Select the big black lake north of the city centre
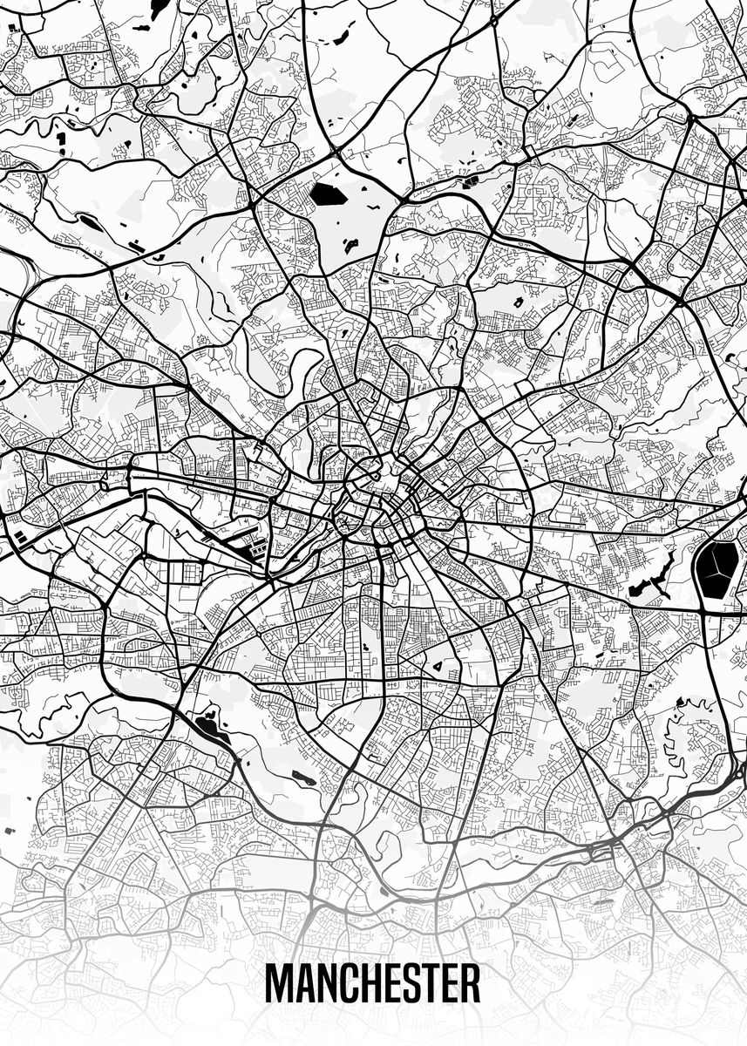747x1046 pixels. pos(329,194)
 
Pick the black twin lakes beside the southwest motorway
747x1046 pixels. pos(209,724)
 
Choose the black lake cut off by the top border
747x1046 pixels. pos(158,8)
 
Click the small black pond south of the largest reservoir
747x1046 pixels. pos(681,703)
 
